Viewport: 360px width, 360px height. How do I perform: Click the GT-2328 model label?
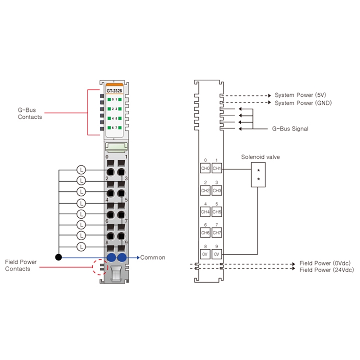point(114,91)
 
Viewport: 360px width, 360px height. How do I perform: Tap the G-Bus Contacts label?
point(30,113)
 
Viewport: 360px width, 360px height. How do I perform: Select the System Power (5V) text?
point(300,95)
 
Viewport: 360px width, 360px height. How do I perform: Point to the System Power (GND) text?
point(303,103)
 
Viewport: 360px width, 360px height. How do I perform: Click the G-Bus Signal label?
point(290,129)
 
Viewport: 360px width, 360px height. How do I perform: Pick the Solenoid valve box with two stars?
point(258,175)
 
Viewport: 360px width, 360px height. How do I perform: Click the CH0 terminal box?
point(205,168)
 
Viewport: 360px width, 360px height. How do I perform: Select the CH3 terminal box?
point(217,190)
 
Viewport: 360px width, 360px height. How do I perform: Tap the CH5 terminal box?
point(217,211)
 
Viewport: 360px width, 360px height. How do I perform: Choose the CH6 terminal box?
point(205,233)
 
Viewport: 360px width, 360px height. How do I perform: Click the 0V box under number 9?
point(217,254)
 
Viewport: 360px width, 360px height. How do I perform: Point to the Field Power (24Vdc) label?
point(327,270)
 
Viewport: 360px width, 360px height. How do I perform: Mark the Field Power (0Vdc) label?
point(325,263)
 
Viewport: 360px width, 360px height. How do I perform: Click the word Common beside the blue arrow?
point(153,257)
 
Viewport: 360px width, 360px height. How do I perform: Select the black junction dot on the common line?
point(58,257)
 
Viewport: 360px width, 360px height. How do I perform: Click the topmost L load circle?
point(81,170)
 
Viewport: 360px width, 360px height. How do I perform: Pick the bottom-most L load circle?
point(81,247)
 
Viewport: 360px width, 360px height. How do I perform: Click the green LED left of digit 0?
point(109,99)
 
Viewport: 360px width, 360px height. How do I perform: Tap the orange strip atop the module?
point(114,85)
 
